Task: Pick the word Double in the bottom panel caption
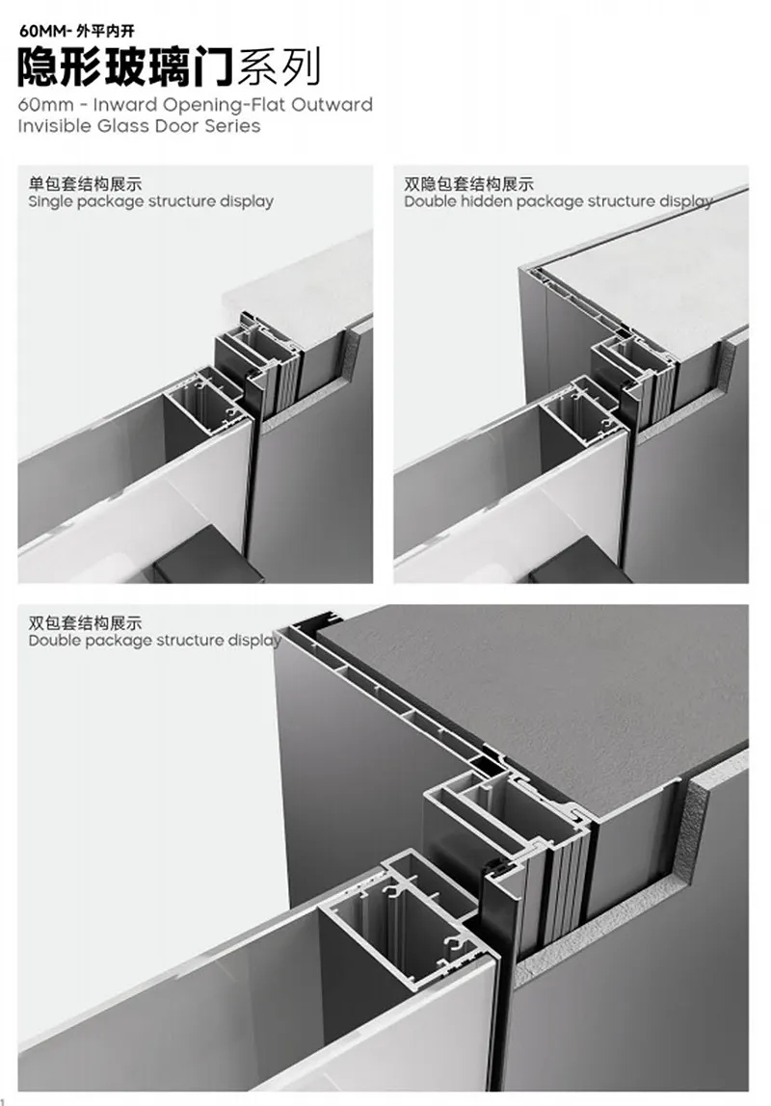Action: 54,641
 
